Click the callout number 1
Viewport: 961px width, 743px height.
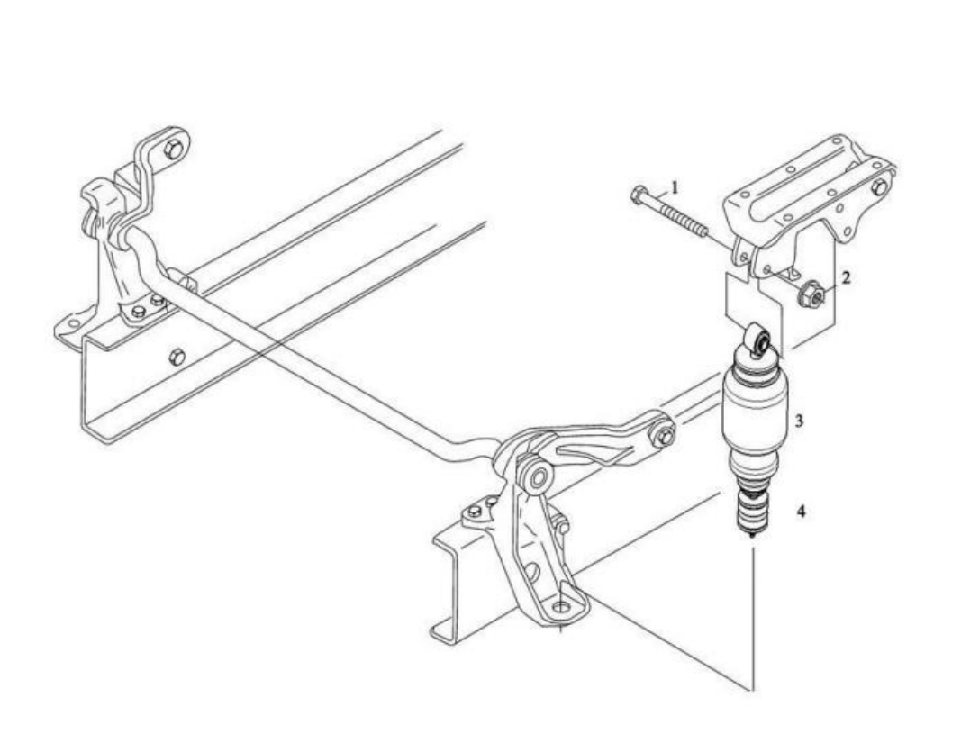675,186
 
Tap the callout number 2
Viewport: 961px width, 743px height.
846,277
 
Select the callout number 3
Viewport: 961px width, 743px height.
799,421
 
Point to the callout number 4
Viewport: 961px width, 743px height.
801,510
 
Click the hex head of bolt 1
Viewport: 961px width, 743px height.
638,195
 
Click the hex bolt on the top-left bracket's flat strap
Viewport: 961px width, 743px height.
174,149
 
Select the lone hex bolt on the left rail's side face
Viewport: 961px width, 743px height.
176,356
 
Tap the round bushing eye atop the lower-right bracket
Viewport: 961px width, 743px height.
538,476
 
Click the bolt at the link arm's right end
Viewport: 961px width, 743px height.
665,436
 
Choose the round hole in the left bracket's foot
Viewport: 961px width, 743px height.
74,323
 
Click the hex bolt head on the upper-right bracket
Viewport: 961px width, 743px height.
879,187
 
